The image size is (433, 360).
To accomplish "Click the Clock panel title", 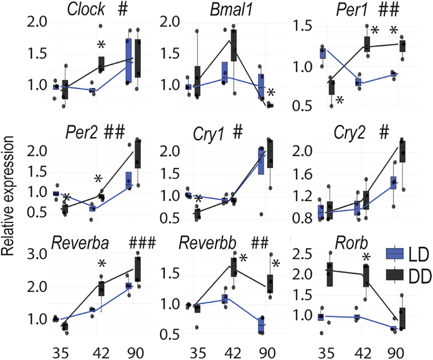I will pos(87,10).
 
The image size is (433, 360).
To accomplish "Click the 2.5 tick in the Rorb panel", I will pos(303,255).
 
